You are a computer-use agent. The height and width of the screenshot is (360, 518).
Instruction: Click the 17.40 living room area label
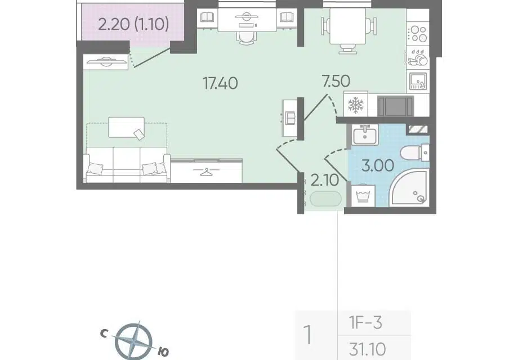pos(220,83)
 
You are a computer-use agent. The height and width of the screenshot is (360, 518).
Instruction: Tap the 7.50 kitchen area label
pos(336,81)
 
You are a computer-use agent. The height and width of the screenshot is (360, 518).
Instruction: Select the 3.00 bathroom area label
pos(378,165)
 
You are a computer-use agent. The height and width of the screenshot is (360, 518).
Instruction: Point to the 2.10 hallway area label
pos(325,180)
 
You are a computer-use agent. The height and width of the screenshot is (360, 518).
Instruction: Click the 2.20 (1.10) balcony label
pos(134,24)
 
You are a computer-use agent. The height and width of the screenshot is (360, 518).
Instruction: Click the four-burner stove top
pos(418,34)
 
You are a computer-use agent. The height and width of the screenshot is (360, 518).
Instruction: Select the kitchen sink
pos(418,81)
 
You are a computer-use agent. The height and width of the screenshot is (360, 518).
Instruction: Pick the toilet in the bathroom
pos(414,153)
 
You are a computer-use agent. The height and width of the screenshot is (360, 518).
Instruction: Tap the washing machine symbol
pos(363,196)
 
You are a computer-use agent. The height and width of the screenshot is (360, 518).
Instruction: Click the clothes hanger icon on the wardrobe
pos(206,172)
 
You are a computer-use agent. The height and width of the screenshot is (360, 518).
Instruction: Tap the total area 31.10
pos(367,348)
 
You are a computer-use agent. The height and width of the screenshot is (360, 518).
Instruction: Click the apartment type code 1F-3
pos(366,322)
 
